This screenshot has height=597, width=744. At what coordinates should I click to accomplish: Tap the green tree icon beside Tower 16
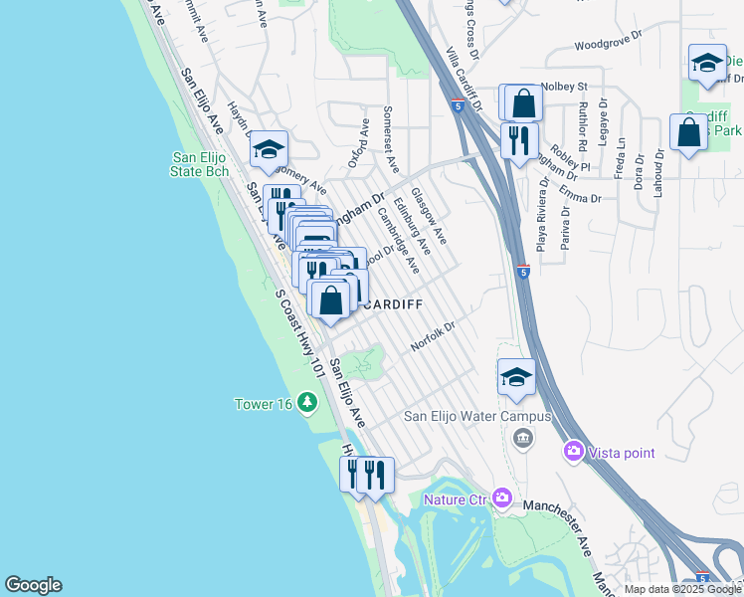pos(308,402)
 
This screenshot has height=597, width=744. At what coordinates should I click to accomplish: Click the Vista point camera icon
pos(574,453)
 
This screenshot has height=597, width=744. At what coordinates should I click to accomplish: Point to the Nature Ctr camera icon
pos(501,497)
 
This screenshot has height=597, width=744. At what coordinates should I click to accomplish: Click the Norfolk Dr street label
pos(433,336)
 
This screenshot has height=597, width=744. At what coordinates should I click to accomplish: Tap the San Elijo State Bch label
pos(201,164)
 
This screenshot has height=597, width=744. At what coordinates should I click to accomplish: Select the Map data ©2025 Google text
pos(683,589)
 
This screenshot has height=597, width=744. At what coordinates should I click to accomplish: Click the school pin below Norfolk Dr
pos(516,377)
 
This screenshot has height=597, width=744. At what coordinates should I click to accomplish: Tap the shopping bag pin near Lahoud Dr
pos(688,132)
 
